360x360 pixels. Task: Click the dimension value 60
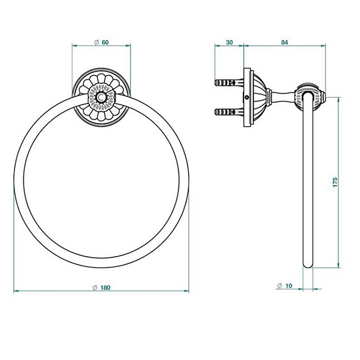[x=105, y=42]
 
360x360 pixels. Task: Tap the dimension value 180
[x=106, y=287]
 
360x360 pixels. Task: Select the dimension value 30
[x=229, y=42]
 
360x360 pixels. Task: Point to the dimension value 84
[x=284, y=42]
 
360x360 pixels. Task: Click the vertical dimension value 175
[x=335, y=182]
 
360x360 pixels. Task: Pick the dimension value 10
[x=288, y=286]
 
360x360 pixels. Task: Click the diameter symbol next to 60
[x=97, y=42]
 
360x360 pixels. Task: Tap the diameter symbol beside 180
[x=95, y=287]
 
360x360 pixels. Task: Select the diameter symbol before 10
[x=279, y=286]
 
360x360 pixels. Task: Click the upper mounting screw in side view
[x=229, y=82]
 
